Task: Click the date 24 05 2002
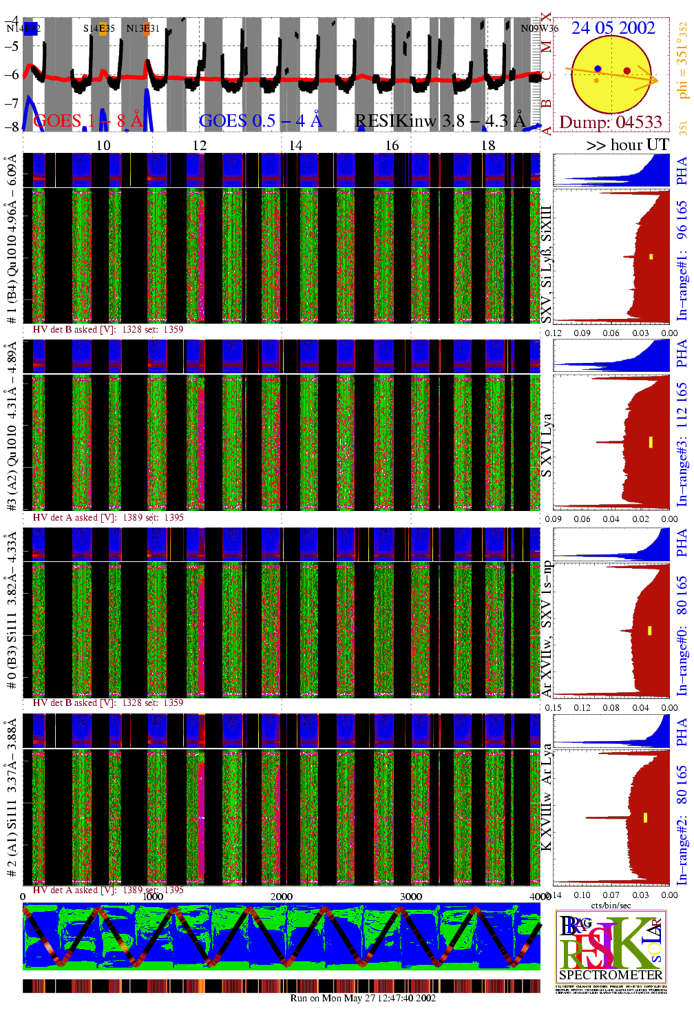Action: [x=613, y=28]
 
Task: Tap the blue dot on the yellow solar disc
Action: [x=598, y=69]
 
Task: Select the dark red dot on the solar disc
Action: [x=627, y=70]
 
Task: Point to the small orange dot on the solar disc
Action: [x=596, y=81]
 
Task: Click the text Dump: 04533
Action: [x=610, y=122]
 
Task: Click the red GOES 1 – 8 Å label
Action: [x=87, y=121]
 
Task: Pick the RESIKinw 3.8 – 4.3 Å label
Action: [x=440, y=121]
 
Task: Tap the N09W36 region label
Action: [x=539, y=28]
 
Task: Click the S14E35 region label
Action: [x=99, y=28]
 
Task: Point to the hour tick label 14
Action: [x=295, y=145]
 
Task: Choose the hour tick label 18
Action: [x=488, y=145]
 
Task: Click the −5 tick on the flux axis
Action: [x=12, y=46]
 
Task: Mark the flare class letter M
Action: [x=546, y=47]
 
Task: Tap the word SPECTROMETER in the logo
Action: [x=611, y=974]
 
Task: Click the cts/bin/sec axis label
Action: [x=611, y=905]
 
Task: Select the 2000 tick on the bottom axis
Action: [x=282, y=896]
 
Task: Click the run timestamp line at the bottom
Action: [x=363, y=998]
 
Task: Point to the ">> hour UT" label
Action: [x=627, y=145]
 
